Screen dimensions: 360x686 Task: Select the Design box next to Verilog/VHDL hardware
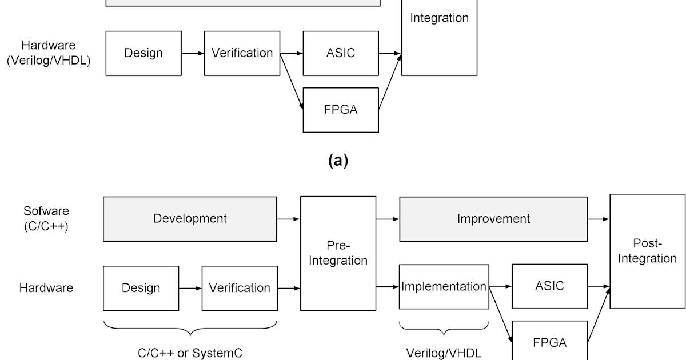pos(143,53)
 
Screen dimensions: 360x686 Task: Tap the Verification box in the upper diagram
pos(242,53)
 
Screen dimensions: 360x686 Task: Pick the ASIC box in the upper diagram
pos(341,53)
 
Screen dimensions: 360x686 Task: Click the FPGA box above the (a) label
pos(341,110)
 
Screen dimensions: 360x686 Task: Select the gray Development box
pos(190,219)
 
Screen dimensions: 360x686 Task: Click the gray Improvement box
pos(493,219)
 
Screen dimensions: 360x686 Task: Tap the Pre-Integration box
pos(338,253)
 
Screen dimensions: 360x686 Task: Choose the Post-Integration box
pos(647,251)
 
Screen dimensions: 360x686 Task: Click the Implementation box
pos(444,286)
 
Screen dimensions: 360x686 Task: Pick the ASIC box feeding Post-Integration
pos(549,286)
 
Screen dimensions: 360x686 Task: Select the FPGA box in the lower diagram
pos(549,342)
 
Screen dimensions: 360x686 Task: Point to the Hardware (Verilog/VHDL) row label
pos(49,53)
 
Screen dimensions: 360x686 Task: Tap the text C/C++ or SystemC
pos(190,353)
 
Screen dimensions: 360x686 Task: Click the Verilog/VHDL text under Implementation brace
pos(444,353)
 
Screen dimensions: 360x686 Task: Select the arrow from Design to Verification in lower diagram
pos(190,288)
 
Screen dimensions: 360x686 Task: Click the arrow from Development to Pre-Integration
pos(289,219)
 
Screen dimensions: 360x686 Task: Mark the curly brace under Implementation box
pos(444,330)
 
